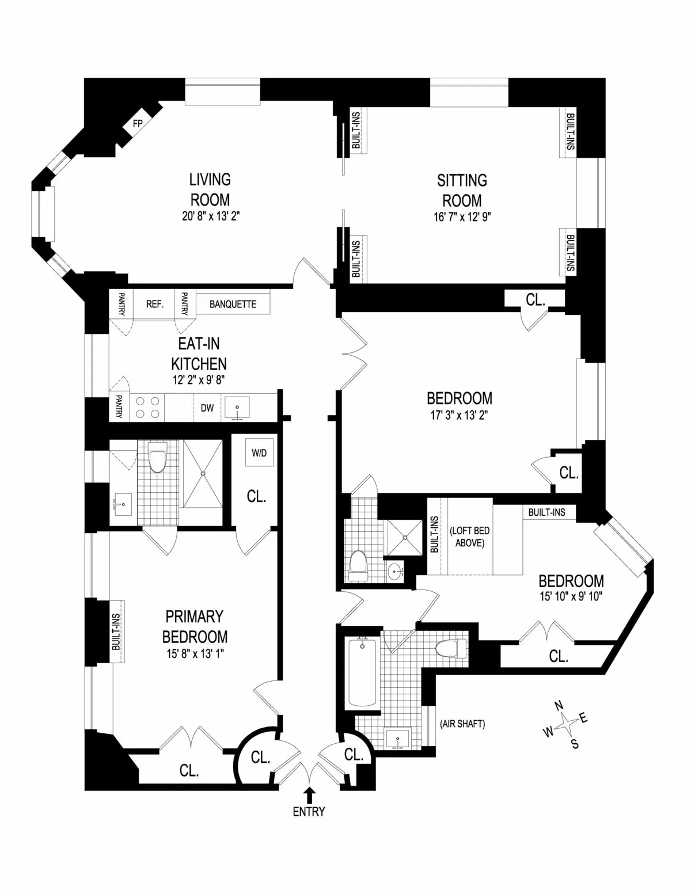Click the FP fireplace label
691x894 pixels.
pyautogui.click(x=138, y=123)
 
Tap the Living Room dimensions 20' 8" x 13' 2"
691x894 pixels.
pyautogui.click(x=210, y=217)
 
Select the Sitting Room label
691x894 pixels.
pyautogui.click(x=462, y=191)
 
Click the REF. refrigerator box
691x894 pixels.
pyautogui.click(x=155, y=304)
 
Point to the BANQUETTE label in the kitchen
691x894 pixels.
pyautogui.click(x=233, y=304)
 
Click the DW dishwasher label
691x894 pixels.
pyautogui.click(x=207, y=408)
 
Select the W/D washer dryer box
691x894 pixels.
pyautogui.click(x=259, y=453)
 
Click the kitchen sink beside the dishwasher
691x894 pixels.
pyautogui.click(x=238, y=408)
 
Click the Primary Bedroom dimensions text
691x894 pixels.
pyautogui.click(x=195, y=653)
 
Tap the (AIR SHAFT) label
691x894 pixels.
pyautogui.click(x=462, y=724)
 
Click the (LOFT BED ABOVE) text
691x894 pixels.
pyautogui.click(x=469, y=536)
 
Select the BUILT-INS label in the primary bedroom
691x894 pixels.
pyautogui.click(x=116, y=631)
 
